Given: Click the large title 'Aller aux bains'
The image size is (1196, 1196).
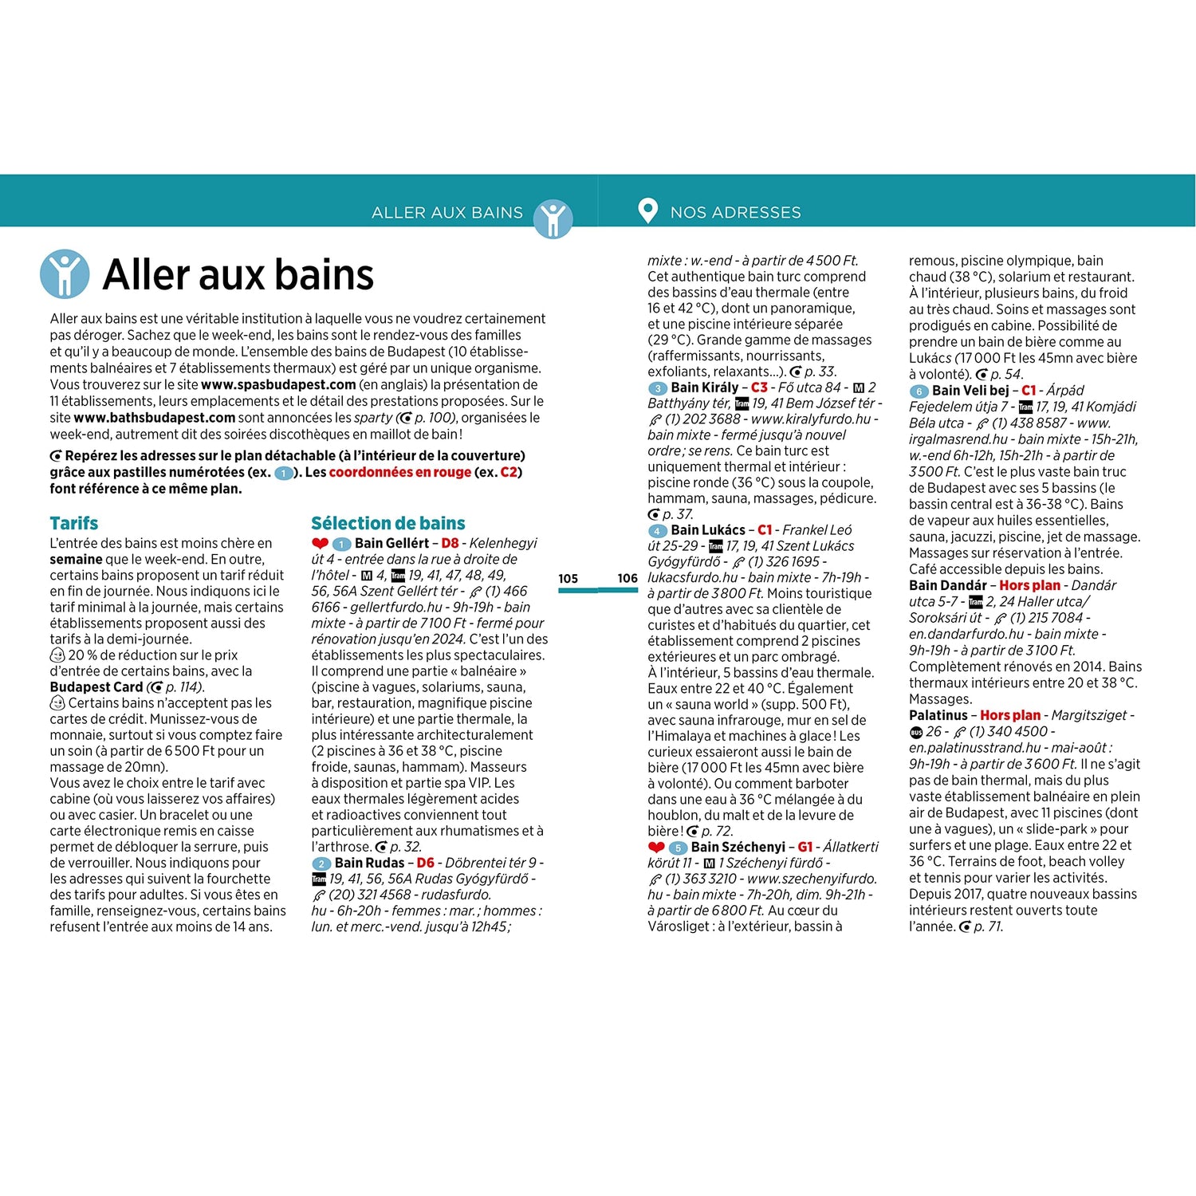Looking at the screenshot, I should click(x=238, y=275).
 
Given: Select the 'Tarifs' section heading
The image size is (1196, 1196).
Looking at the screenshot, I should click(x=74, y=523).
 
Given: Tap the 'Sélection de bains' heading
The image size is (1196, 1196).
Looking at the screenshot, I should click(x=388, y=523).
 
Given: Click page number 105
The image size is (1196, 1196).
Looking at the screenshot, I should click(x=568, y=579).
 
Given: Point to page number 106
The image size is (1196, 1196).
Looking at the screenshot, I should click(x=628, y=579).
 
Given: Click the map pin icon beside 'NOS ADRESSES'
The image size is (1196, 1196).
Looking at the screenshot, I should click(x=647, y=210).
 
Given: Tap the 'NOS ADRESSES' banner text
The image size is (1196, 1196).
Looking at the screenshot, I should click(x=735, y=212).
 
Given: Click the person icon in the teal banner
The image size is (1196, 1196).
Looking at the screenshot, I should click(x=553, y=218).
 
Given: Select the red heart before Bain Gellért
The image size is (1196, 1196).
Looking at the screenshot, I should click(x=320, y=544).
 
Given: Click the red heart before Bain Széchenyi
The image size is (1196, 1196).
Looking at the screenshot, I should click(x=656, y=848).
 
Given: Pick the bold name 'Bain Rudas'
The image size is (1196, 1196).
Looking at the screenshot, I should click(x=369, y=863).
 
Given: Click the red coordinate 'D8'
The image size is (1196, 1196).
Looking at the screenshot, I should click(x=450, y=543).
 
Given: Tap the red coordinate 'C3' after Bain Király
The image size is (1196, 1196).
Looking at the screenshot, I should click(x=758, y=388).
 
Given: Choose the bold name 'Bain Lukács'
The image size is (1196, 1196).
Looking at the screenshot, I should click(x=708, y=530).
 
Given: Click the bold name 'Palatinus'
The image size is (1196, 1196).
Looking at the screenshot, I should click(x=938, y=715).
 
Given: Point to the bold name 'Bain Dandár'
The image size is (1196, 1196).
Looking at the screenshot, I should click(x=947, y=585).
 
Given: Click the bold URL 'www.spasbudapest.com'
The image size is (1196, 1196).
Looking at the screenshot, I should click(x=278, y=384).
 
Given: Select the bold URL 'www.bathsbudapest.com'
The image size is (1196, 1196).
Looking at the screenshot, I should click(x=154, y=418).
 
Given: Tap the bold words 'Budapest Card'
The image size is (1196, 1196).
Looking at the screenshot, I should click(x=96, y=687).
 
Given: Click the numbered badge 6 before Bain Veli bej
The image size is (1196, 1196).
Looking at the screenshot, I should click(x=919, y=391).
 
